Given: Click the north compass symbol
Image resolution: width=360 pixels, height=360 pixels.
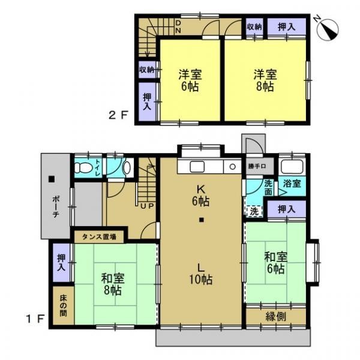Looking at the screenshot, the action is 327,29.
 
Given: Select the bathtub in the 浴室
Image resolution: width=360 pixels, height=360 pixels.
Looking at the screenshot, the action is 292,166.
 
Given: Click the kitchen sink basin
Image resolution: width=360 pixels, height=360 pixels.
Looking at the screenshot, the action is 197,167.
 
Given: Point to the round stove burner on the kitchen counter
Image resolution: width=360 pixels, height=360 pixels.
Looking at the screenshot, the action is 232,167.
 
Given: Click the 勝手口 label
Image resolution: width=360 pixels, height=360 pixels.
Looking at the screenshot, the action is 257,166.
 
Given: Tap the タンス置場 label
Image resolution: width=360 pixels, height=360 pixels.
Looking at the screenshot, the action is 99,237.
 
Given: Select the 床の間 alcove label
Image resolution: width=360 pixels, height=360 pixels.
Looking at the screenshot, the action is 64,306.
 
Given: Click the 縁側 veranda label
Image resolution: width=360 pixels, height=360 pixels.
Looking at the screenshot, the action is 276,317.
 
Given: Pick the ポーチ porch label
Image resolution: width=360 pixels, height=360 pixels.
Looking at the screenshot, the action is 56,206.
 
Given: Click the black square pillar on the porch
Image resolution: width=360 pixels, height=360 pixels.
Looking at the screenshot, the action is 52,179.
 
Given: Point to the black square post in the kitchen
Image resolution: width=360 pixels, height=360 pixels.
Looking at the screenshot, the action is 202,220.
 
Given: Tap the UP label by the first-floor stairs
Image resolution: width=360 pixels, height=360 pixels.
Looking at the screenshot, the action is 147,206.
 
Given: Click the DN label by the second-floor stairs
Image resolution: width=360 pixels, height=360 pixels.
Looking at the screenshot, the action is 178,26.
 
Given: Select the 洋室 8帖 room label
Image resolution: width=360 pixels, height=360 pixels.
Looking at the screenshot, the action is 265,80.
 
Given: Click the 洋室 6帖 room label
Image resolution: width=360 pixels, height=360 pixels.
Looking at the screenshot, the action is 190,80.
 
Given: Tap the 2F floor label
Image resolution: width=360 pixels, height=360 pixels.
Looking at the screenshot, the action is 118,115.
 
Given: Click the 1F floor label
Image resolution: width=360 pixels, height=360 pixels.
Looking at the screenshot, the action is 35,319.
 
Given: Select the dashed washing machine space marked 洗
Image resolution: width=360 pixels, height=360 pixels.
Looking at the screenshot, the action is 254,211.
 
